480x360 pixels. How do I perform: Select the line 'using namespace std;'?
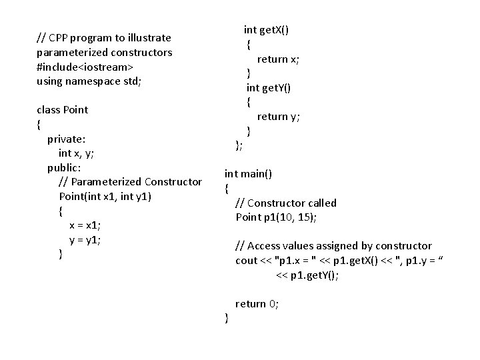(89, 81)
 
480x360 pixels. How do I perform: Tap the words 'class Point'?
(62, 109)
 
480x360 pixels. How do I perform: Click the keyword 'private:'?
(66, 139)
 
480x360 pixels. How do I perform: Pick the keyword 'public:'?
(64, 167)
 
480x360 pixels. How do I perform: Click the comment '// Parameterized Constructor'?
(130, 182)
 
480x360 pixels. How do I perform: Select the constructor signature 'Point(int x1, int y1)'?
(105, 196)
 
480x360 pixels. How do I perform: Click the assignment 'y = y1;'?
(85, 239)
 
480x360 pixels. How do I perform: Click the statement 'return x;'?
(278, 59)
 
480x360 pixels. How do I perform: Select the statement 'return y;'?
(279, 117)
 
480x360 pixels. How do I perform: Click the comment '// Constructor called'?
(286, 203)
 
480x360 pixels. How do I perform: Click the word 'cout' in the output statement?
(247, 261)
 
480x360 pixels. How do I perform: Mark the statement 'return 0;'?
(257, 304)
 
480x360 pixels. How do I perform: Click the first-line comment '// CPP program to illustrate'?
(103, 38)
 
